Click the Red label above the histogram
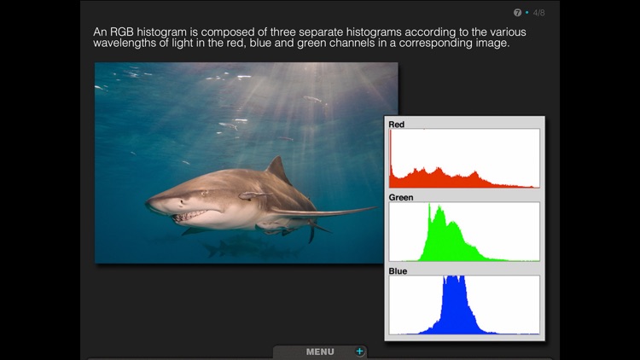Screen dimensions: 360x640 tap(396, 125)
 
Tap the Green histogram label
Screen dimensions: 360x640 tap(400, 198)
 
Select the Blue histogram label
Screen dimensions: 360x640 tap(398, 271)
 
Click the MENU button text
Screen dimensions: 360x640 tap(320, 351)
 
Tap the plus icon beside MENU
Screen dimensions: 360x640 tap(359, 351)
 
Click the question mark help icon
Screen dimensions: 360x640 tap(517, 13)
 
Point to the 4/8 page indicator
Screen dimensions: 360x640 tap(538, 13)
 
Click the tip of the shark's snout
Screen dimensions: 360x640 tap(147, 204)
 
